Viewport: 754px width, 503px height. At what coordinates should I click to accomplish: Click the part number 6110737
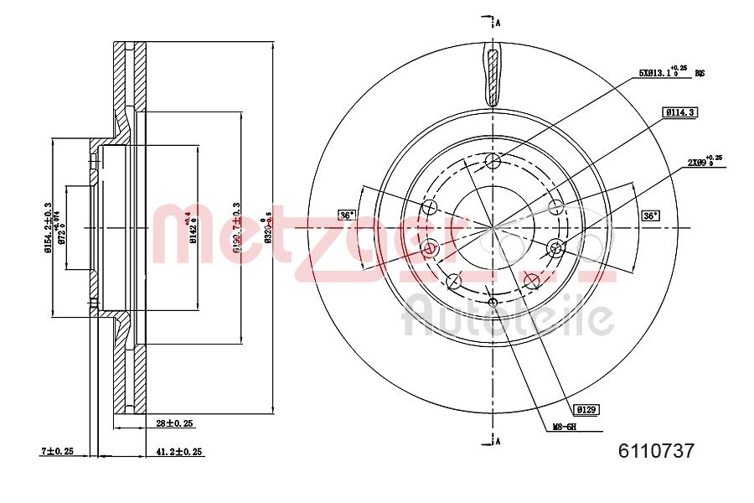click(x=655, y=451)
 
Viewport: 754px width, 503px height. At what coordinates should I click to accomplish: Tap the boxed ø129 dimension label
click(x=586, y=409)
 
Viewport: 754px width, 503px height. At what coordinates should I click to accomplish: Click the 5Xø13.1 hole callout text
click(x=666, y=73)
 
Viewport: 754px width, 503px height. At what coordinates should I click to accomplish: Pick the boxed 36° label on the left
click(x=346, y=215)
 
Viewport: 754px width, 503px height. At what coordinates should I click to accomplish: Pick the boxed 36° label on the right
click(x=649, y=215)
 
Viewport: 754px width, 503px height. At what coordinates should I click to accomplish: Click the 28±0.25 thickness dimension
click(x=174, y=424)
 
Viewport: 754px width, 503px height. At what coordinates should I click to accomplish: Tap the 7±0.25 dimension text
click(x=58, y=451)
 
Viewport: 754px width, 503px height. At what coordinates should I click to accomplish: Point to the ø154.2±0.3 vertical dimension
click(x=49, y=226)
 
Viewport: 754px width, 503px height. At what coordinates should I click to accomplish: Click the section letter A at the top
click(x=498, y=22)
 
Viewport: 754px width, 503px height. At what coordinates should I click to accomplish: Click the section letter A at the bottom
click(x=498, y=439)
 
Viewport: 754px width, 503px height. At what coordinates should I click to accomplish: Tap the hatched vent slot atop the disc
click(x=493, y=76)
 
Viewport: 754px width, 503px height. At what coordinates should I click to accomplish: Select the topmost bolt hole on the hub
click(x=493, y=161)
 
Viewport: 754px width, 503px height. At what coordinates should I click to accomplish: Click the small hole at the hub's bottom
click(x=493, y=303)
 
